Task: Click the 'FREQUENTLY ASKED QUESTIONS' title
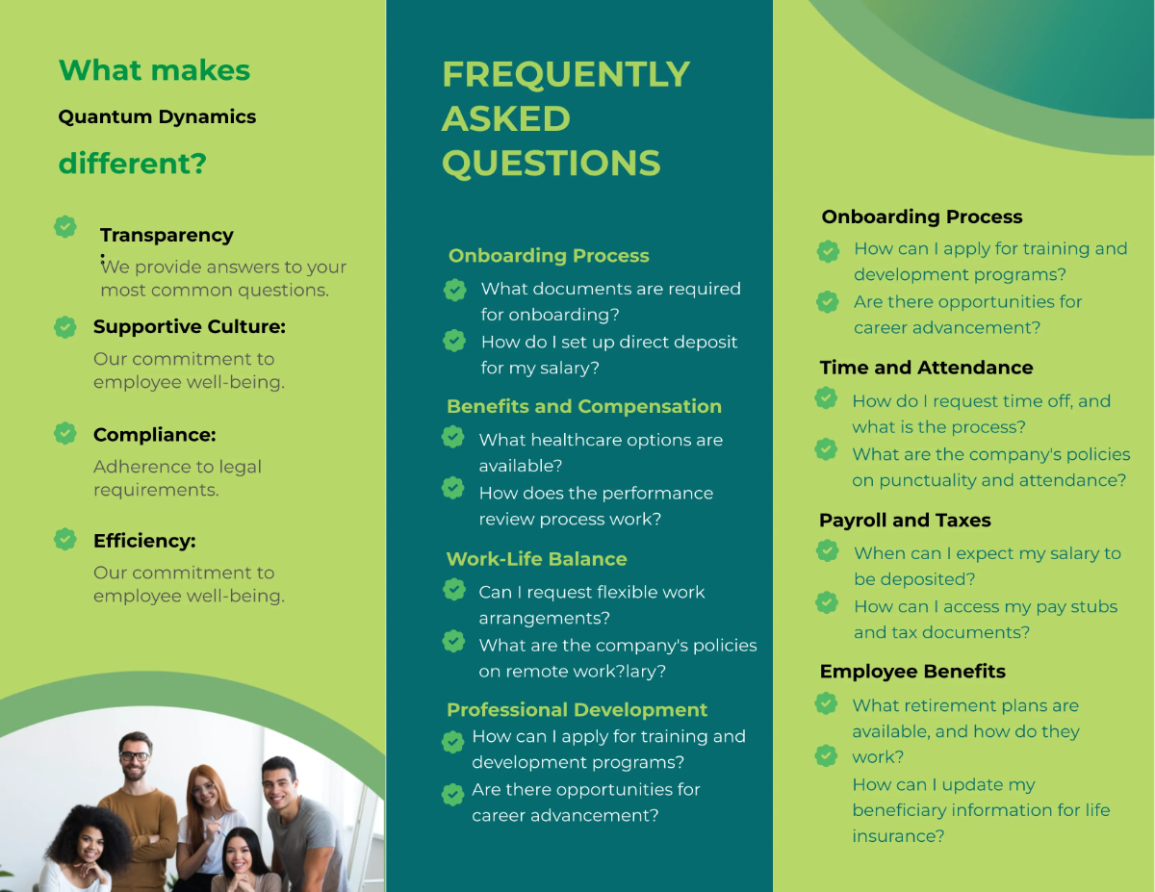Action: (565, 118)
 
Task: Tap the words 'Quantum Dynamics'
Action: (157, 117)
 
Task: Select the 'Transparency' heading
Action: (167, 236)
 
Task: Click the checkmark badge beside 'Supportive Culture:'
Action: (64, 327)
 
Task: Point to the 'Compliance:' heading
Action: (154, 435)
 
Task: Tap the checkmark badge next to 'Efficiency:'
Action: (64, 539)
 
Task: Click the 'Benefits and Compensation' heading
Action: (583, 407)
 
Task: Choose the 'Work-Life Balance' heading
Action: (536, 559)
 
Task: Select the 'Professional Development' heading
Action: (577, 710)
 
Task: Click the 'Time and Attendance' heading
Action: (926, 368)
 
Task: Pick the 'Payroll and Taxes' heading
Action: (905, 521)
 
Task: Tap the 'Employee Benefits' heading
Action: (912, 672)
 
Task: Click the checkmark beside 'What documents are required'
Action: (455, 289)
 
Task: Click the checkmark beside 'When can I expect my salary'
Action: (827, 551)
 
